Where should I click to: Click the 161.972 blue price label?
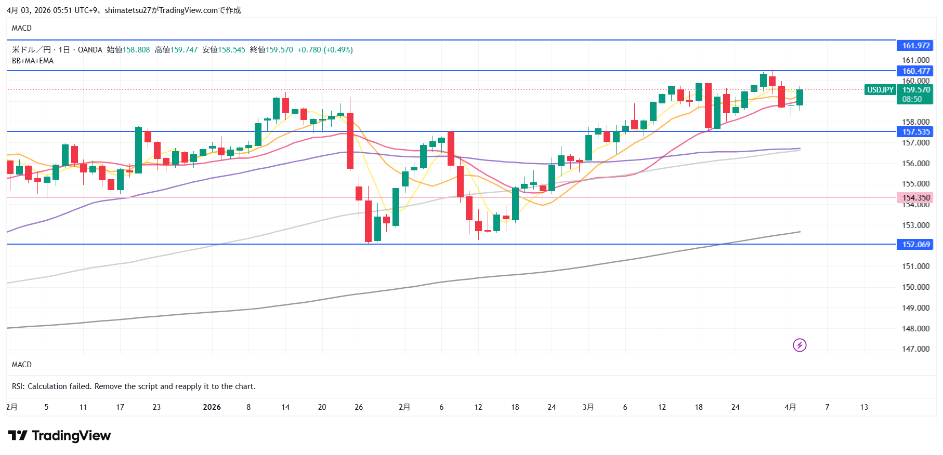(x=915, y=46)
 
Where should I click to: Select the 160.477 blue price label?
(x=915, y=71)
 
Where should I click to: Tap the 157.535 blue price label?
(x=915, y=132)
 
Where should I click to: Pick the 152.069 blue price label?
(x=915, y=245)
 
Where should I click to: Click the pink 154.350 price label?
(x=915, y=198)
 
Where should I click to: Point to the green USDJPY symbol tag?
(x=880, y=90)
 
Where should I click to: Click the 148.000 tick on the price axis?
(x=915, y=328)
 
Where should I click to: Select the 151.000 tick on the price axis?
(x=915, y=266)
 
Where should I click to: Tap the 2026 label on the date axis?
(x=212, y=407)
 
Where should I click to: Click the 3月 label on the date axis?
(x=588, y=407)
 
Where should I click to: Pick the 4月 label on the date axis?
(x=790, y=407)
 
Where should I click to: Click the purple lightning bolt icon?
(x=800, y=345)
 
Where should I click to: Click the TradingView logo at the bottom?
(x=59, y=435)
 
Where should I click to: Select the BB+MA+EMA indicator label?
(x=33, y=61)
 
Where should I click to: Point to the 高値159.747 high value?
(x=176, y=50)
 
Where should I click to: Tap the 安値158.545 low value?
(x=224, y=50)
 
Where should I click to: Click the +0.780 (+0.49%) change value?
(x=325, y=50)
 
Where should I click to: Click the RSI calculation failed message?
(x=134, y=386)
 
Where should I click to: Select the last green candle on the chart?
(x=800, y=97)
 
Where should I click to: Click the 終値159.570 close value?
(x=271, y=50)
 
